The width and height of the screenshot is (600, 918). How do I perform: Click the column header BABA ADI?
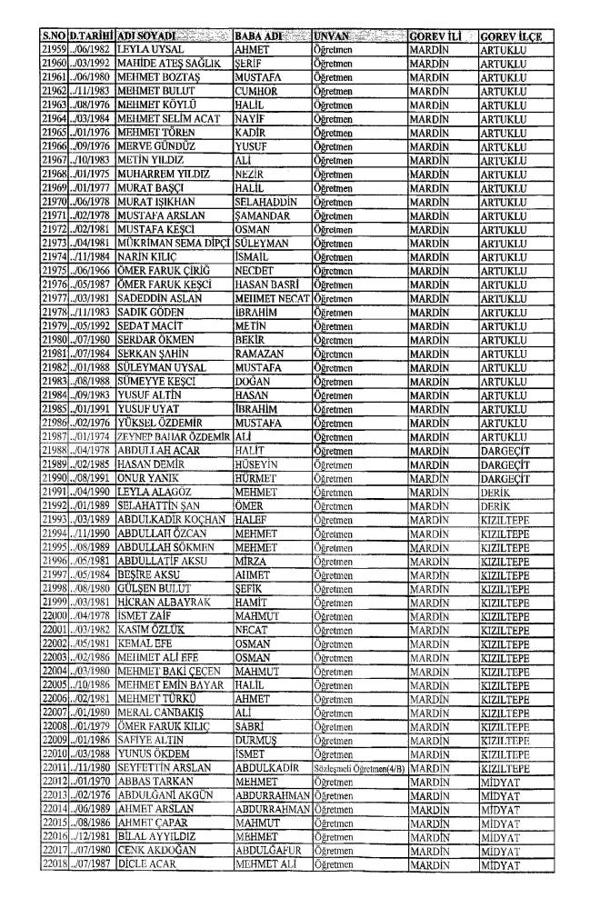click(x=259, y=35)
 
